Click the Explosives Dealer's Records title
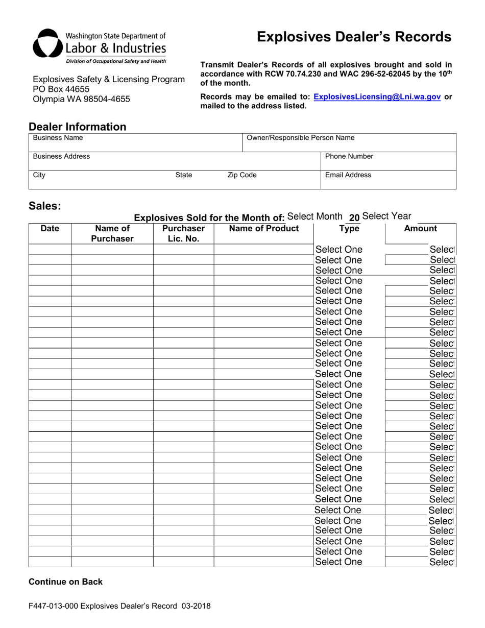tap(354, 37)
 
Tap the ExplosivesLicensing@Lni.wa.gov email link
tap(377, 96)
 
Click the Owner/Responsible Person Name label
tap(300, 138)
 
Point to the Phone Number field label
tap(349, 156)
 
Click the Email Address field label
tap(348, 175)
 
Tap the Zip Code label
tap(242, 175)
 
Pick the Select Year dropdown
tap(386, 216)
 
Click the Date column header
tap(50, 229)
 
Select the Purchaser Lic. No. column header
tap(183, 233)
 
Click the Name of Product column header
tap(263, 229)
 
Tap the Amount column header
tap(420, 229)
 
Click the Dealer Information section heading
tap(77, 127)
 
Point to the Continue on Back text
tap(65, 582)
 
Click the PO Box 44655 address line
tap(61, 89)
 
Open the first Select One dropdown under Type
tap(339, 250)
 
